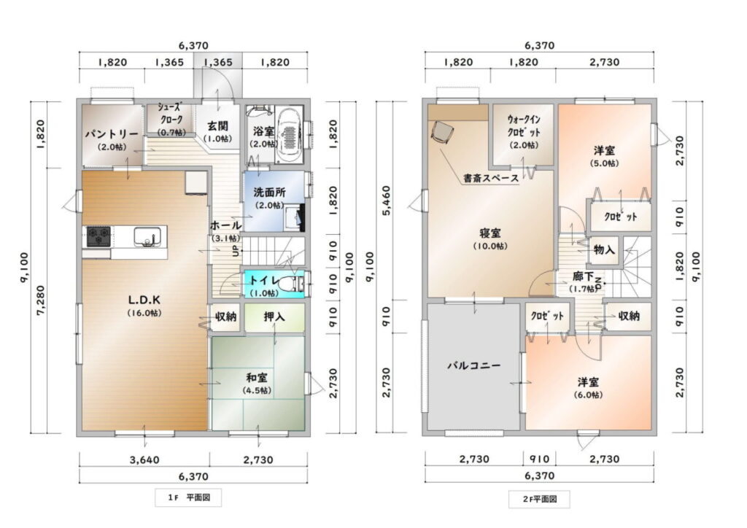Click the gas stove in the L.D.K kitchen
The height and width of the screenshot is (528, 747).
98,236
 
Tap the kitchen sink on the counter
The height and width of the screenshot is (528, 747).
147,236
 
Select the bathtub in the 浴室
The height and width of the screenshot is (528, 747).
289,135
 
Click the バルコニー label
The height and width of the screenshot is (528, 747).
474,365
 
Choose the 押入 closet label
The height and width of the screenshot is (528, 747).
274,316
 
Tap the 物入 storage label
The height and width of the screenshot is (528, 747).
605,249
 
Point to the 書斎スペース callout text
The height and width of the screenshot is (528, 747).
491,179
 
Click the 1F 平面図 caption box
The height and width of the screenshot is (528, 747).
189,498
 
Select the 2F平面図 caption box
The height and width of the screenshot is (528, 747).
539,499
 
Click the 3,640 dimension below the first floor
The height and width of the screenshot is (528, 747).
145,460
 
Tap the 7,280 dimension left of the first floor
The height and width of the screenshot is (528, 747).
41,300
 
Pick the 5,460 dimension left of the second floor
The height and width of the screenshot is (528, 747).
387,201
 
